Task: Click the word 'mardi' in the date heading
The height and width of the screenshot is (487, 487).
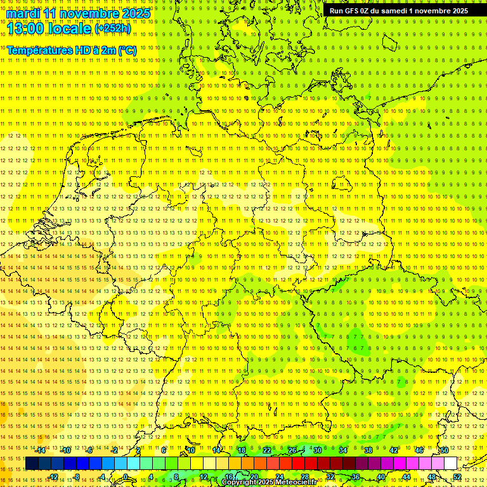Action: click(x=23, y=13)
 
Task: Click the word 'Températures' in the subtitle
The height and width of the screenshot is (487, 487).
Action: click(x=37, y=50)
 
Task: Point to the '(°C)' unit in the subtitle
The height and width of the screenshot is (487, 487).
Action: click(x=125, y=50)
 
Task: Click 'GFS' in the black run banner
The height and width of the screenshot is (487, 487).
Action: click(x=352, y=11)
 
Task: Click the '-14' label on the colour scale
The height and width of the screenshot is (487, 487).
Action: click(x=41, y=450)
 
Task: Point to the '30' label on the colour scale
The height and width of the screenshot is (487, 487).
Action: click(x=318, y=450)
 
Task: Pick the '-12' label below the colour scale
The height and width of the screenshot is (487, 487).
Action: click(x=53, y=477)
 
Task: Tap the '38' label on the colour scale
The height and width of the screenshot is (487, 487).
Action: click(x=368, y=450)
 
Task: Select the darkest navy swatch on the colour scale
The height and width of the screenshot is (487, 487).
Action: click(x=32, y=464)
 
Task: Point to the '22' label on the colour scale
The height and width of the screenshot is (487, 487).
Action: click(x=267, y=450)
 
